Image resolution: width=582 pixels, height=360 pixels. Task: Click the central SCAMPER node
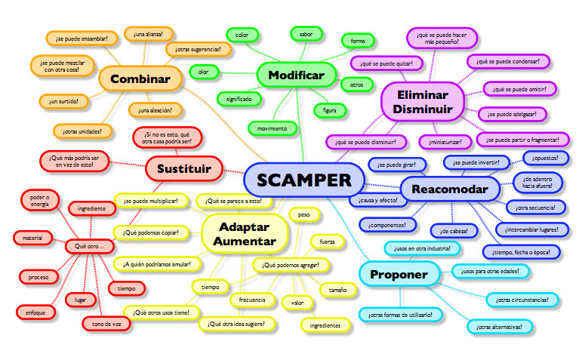[303, 180]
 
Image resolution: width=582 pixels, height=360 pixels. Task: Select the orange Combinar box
[140, 78]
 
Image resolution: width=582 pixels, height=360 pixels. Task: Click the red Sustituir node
[183, 167]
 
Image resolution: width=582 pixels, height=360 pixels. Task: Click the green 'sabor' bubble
[306, 34]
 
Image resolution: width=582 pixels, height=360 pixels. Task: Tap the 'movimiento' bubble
[272, 128]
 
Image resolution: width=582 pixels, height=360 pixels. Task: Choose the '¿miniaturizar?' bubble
[445, 141]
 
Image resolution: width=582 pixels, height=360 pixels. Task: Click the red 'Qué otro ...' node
[89, 246]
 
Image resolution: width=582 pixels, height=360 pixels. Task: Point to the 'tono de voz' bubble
[106, 324]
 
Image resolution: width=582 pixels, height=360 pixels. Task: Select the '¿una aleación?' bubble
[155, 110]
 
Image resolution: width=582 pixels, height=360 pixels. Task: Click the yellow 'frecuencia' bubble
[252, 300]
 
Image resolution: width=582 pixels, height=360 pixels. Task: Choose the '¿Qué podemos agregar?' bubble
[291, 265]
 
